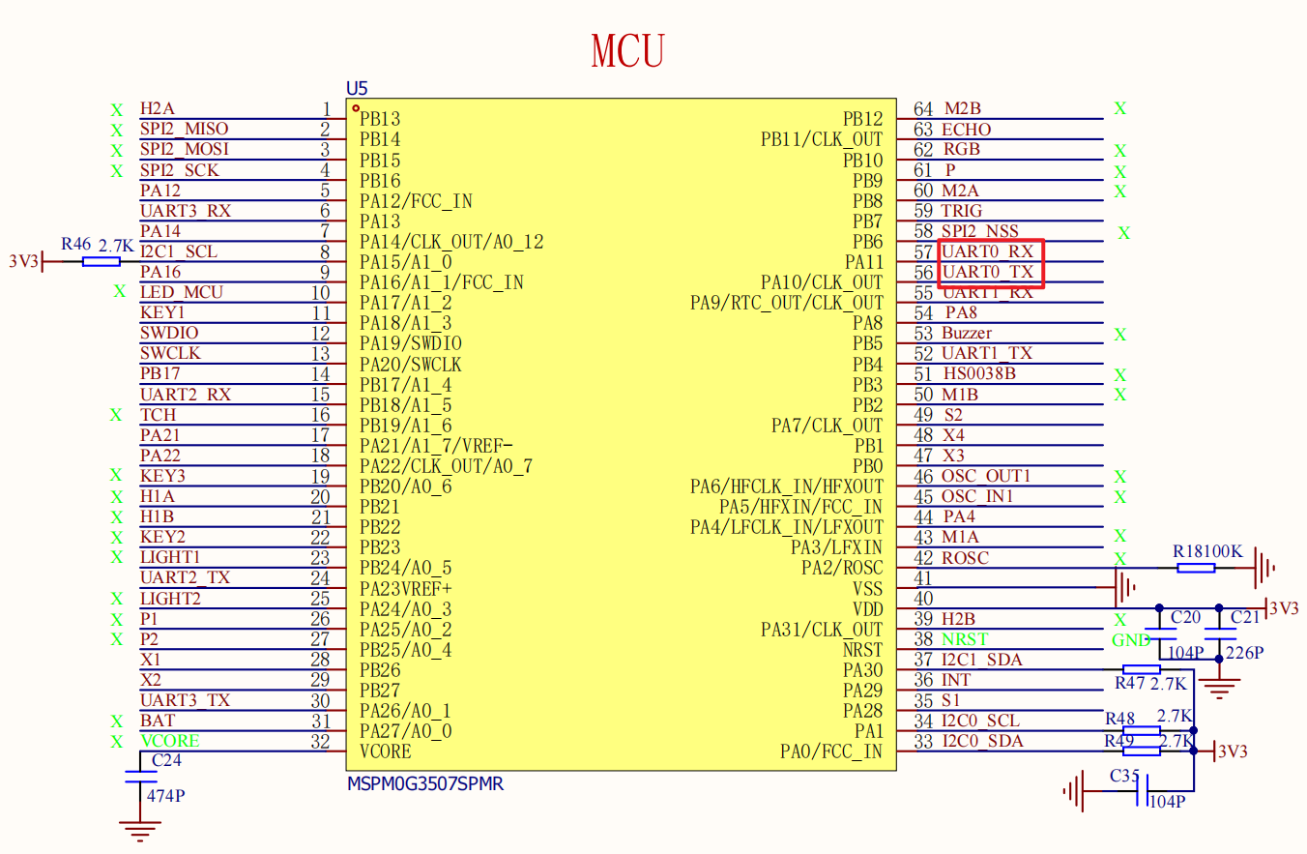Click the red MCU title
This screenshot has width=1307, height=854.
(627, 50)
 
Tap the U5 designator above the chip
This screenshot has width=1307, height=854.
(357, 88)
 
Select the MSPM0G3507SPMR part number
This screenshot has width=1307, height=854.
(424, 783)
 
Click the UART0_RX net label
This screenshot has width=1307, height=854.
(988, 251)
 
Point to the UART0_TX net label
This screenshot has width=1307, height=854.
(988, 272)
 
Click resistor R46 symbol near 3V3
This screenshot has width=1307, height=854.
(102, 261)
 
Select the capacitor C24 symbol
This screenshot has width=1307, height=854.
(140, 777)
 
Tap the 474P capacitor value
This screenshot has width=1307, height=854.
(165, 796)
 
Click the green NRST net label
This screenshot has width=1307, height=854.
(965, 639)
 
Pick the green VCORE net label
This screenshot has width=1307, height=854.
(170, 741)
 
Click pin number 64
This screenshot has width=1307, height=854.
(923, 109)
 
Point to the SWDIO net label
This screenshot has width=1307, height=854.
(169, 333)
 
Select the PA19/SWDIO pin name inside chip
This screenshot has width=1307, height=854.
(410, 343)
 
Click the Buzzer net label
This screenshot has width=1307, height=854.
(967, 333)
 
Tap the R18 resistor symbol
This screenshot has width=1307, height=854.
(1196, 568)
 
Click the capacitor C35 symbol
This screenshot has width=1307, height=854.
(1143, 790)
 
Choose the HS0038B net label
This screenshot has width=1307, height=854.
(979, 373)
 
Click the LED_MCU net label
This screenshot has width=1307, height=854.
(182, 292)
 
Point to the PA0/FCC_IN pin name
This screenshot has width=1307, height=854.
(830, 751)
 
